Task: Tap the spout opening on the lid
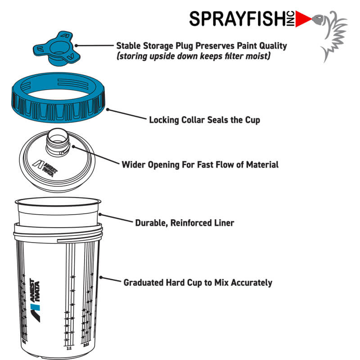pos(57,135)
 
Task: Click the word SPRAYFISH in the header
pos(241,19)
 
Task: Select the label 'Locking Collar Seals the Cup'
pos(204,120)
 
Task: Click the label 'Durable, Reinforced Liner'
pos(184,223)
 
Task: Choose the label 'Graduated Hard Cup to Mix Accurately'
pos(198,283)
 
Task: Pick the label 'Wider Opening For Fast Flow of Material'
pos(200,164)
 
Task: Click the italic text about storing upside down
pos(193,57)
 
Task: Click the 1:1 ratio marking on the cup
pos(69,348)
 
